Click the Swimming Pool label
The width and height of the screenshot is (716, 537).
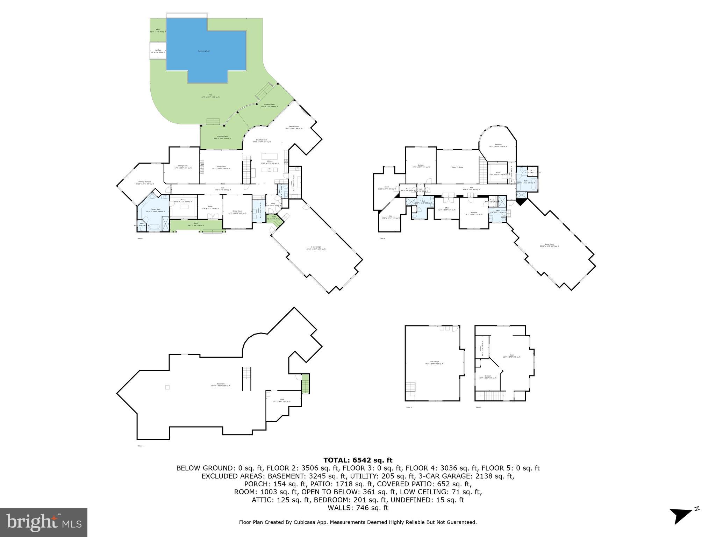(204, 51)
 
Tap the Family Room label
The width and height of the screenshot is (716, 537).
(294, 127)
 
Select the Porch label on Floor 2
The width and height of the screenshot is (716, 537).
(196, 224)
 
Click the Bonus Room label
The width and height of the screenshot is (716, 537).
(550, 245)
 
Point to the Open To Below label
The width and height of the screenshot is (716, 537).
(458, 167)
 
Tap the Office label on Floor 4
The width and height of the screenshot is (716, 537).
(446, 209)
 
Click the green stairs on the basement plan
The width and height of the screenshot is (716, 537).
(306, 384)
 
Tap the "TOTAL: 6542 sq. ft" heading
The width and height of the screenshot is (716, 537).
(358, 460)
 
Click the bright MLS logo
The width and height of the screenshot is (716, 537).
(44, 522)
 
